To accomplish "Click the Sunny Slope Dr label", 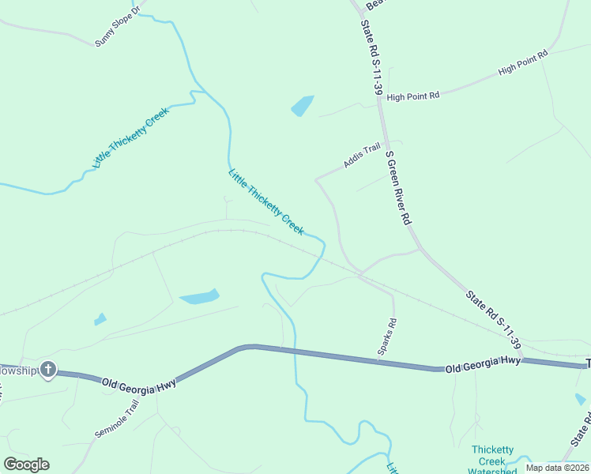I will click(x=117, y=27).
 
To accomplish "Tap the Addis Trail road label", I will click(x=362, y=156).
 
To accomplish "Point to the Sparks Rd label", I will click(x=387, y=337).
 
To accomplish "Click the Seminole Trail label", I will click(x=117, y=419).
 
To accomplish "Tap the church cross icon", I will click(x=48, y=369).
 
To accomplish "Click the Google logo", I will click(x=26, y=465).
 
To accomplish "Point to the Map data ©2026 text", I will click(x=556, y=467).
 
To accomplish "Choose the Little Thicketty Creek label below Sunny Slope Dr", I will click(x=132, y=137).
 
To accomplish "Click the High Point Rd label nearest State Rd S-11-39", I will click(x=413, y=96).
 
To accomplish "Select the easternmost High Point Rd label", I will click(x=523, y=64).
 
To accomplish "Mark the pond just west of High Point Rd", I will click(x=303, y=105).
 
